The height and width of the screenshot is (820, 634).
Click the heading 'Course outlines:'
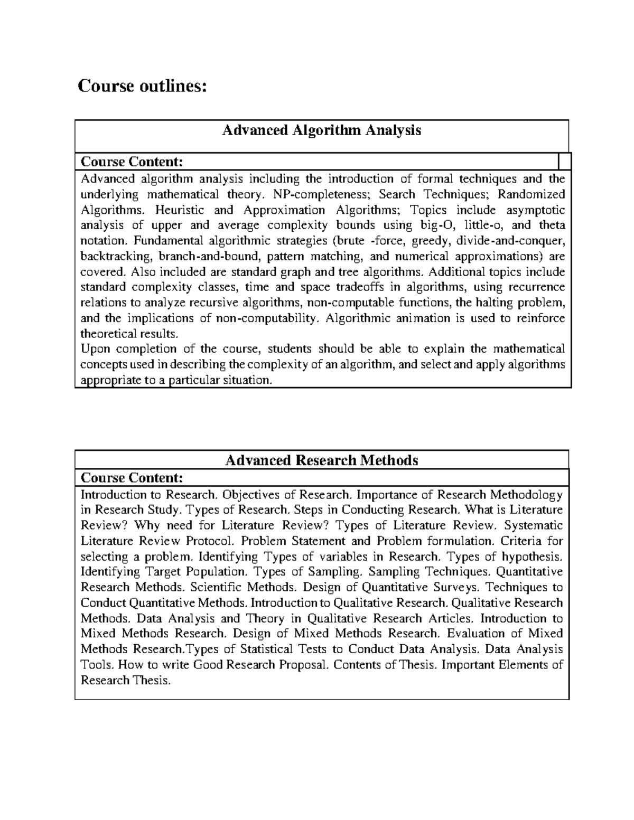click(142, 86)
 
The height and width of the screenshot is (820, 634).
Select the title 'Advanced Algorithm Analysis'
click(321, 130)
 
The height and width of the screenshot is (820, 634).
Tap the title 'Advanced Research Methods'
click(321, 460)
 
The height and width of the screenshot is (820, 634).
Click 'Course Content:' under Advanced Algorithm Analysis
click(132, 161)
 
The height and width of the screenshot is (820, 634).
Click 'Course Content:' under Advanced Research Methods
click(132, 478)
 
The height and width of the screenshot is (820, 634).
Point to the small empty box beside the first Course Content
click(564, 161)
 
